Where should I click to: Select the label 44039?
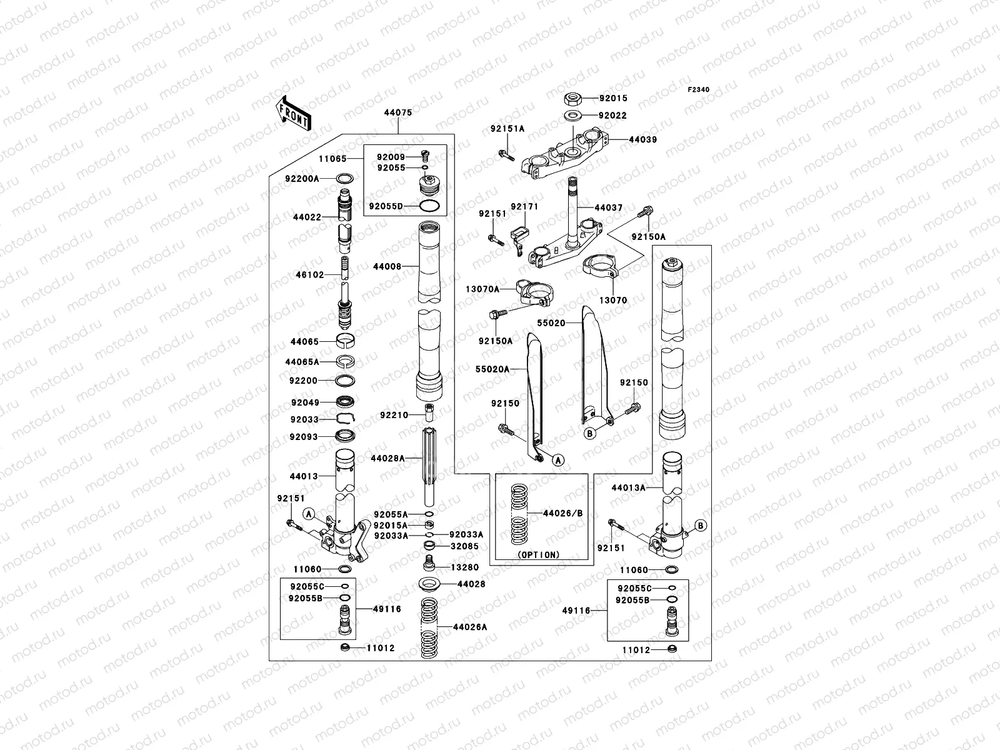coord(642,140)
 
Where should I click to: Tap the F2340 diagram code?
coord(699,90)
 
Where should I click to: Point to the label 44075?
coord(398,113)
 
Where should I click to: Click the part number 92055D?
coord(386,206)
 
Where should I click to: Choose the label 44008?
coord(387,267)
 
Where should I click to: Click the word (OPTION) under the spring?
coord(539,554)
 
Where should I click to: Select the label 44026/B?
coord(562,513)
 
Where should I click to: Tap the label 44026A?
coord(470,626)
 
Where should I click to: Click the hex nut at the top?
coord(573,98)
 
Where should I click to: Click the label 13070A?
coord(482,289)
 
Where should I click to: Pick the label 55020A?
coord(492,369)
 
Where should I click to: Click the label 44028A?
coord(387,458)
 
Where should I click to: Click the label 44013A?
coord(628,487)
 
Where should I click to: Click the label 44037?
coord(608,207)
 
